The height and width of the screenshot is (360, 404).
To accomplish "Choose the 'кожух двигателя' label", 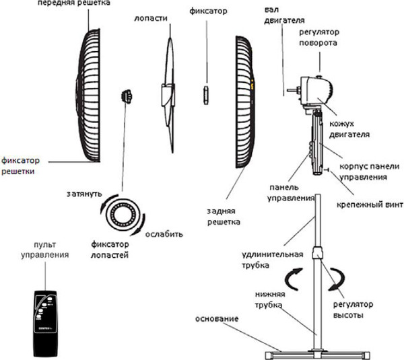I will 349,129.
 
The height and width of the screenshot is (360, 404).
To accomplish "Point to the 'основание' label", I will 217,318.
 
